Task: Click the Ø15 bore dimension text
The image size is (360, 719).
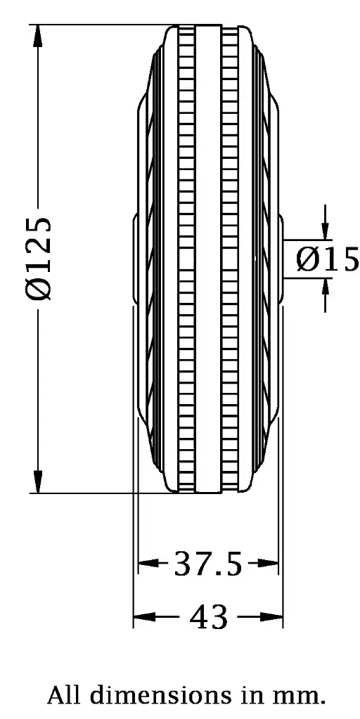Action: (327, 259)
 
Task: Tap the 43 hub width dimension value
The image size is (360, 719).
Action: (209, 618)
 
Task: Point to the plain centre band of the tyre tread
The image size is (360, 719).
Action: (207, 260)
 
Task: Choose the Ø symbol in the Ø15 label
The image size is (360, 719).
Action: (307, 259)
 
